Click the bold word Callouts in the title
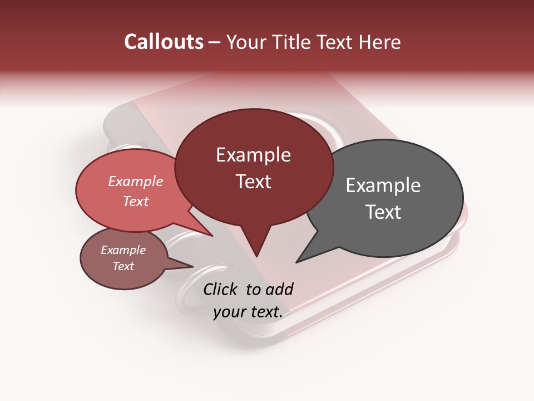pyautogui.click(x=164, y=42)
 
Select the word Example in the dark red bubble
pyautogui.click(x=253, y=155)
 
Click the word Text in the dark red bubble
pyautogui.click(x=253, y=182)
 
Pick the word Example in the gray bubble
pyautogui.click(x=383, y=185)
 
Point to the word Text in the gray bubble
pyautogui.click(x=383, y=212)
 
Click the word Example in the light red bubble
pyautogui.click(x=135, y=181)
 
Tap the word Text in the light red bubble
pyautogui.click(x=135, y=201)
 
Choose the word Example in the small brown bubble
pyautogui.click(x=123, y=250)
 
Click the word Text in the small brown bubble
pyautogui.click(x=123, y=266)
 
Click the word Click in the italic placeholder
pyautogui.click(x=221, y=289)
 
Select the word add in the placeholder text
pyautogui.click(x=280, y=289)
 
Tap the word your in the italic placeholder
pyautogui.click(x=229, y=312)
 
